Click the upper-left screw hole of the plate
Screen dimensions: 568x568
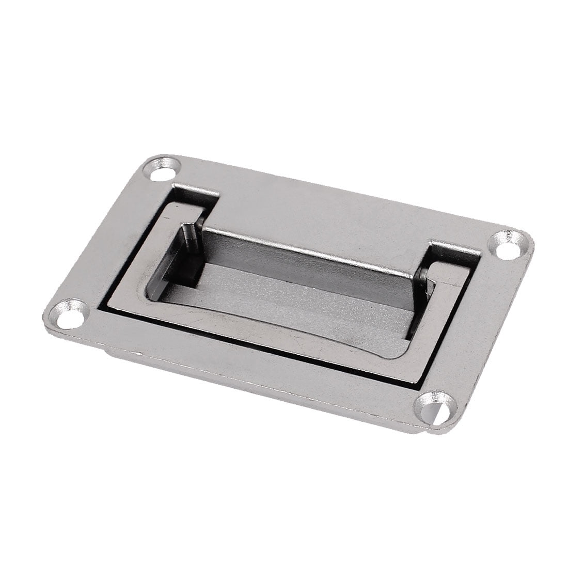pyautogui.click(x=166, y=170)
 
